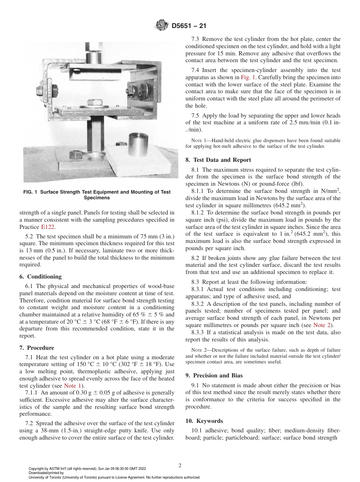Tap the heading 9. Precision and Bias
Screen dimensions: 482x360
214,376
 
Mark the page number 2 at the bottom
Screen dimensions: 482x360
180,466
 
